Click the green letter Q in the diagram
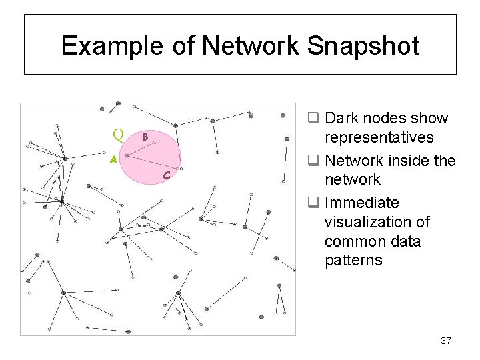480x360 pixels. coord(119,135)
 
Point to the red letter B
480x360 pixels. coord(144,137)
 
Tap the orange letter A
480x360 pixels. coord(113,160)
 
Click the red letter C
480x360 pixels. coord(167,175)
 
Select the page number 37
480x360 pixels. coord(446,341)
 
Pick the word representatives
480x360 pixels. coord(379,138)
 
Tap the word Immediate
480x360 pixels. coord(361,203)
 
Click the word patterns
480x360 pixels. coord(353,260)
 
